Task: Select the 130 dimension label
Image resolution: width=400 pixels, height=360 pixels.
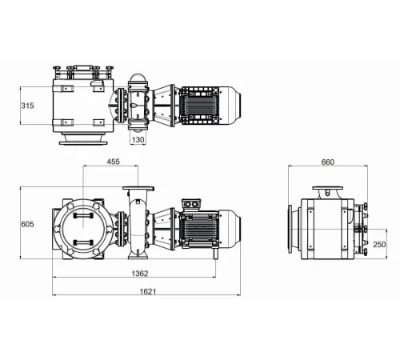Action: (138, 140)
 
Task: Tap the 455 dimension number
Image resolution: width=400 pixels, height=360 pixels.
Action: (113, 162)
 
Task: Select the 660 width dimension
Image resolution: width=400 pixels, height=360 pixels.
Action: (327, 162)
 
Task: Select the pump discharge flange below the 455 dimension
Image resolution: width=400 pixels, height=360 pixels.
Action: (138, 190)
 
